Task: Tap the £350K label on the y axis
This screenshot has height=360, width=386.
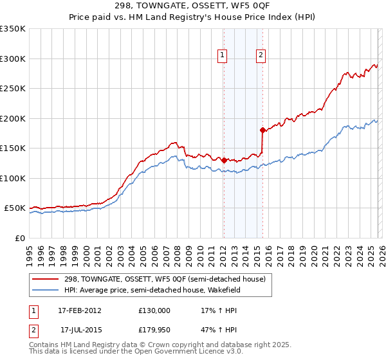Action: tap(13, 29)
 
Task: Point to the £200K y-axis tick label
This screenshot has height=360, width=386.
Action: tap(13, 118)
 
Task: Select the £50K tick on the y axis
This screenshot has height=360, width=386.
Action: tap(15, 208)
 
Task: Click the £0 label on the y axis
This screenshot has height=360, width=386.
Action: tap(21, 239)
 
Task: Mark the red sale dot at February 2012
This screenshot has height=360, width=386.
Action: tap(224, 160)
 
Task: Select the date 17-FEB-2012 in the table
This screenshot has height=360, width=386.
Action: tap(79, 310)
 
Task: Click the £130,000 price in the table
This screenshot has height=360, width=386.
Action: tap(154, 310)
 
